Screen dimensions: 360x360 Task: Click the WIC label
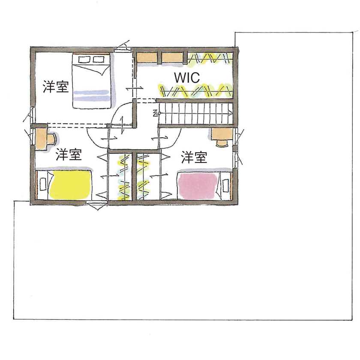tap(187, 78)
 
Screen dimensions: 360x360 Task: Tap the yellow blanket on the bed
tap(70, 185)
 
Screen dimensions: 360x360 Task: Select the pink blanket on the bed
tap(198, 186)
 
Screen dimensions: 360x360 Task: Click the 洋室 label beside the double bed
tap(56, 87)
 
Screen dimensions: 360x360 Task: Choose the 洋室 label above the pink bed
tap(194, 157)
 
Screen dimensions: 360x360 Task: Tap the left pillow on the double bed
tap(83, 60)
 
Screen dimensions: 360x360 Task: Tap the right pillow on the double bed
tap(98, 60)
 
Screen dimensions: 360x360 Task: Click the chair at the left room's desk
tap(52, 139)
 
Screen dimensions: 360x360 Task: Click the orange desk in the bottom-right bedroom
tap(222, 134)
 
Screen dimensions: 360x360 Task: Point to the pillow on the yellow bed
tap(43, 184)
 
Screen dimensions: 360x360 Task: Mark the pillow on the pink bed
tap(225, 185)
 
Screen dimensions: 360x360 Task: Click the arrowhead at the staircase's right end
tap(230, 112)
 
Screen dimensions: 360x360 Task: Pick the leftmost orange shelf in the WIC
tap(147, 57)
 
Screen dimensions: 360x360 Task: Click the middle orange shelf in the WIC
tap(172, 57)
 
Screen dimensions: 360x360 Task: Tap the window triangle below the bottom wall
tap(97, 206)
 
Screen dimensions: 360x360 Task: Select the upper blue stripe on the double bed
tap(91, 92)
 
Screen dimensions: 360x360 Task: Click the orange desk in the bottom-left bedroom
tap(41, 139)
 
